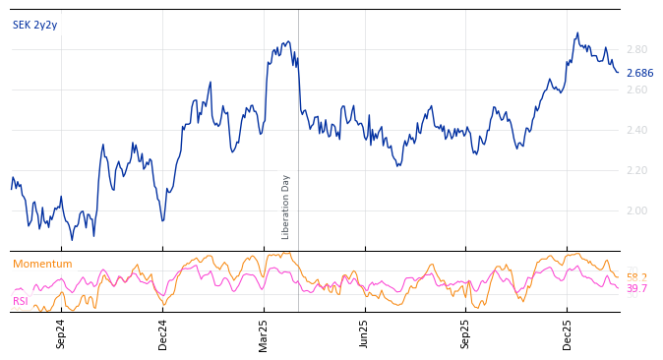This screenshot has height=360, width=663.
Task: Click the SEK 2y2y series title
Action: point(34,25)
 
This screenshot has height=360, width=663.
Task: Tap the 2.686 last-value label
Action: point(639,73)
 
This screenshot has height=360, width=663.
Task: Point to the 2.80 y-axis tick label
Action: point(636,49)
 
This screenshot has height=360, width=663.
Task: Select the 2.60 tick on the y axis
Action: point(636,90)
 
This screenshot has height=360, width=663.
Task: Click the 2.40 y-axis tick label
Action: point(636,130)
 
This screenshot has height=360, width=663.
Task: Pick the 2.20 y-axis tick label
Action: point(636,170)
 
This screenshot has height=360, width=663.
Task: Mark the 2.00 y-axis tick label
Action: point(636,210)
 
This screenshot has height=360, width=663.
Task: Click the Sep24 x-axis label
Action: point(61,333)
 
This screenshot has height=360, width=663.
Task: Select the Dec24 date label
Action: point(162,333)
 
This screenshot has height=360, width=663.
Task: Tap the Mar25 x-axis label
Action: point(264,333)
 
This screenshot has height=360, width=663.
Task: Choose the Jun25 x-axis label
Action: point(365,333)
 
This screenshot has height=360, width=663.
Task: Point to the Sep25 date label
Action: point(466,333)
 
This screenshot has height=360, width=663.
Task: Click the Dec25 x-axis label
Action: point(568,333)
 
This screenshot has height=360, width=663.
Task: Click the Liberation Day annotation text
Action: point(286,207)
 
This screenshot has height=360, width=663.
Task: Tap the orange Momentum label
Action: point(42,264)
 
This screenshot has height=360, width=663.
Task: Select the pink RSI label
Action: point(20,301)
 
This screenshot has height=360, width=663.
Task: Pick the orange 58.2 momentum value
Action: point(636,277)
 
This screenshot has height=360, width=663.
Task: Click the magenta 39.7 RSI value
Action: point(636,288)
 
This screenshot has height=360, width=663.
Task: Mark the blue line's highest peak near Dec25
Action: point(577,32)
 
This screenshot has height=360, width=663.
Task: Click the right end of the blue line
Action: point(619,72)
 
